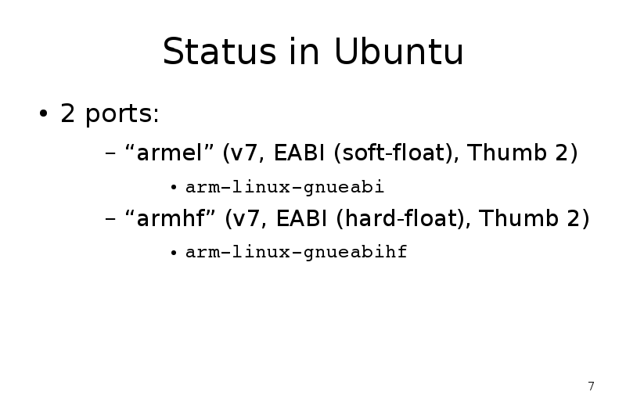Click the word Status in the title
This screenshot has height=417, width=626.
click(219, 52)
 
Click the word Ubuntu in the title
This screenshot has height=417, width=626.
click(398, 52)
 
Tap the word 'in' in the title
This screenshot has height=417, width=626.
click(304, 52)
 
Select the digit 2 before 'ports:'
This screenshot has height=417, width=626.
click(67, 113)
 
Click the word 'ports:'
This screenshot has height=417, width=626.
click(122, 115)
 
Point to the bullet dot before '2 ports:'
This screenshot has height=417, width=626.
click(43, 113)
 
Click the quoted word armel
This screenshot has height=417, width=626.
click(170, 153)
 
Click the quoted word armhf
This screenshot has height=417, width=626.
click(171, 217)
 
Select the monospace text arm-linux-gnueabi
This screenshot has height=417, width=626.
click(285, 187)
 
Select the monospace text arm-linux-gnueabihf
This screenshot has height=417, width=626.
click(297, 252)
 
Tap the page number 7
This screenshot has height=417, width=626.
click(592, 386)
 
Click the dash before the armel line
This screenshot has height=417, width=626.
click(110, 153)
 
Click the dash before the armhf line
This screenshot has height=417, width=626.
click(110, 219)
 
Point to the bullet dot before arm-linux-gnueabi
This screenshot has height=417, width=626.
click(173, 188)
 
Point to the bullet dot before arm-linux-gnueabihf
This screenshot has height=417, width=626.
click(173, 253)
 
